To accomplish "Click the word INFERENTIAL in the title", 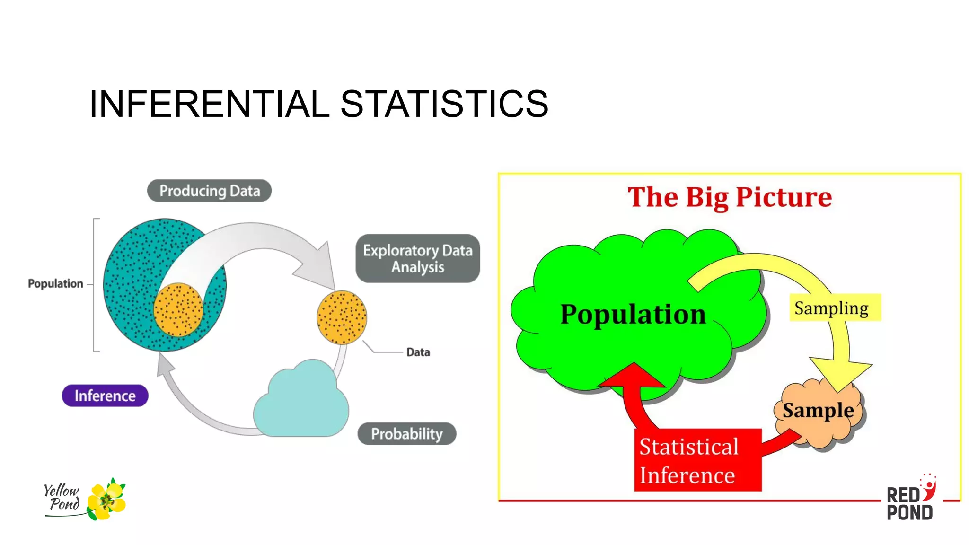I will pyautogui.click(x=209, y=104).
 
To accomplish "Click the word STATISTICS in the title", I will pyautogui.click(x=444, y=104).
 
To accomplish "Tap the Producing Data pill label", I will pyautogui.click(x=209, y=191).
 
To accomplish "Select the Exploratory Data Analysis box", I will pyautogui.click(x=417, y=258).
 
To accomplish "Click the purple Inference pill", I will pyautogui.click(x=105, y=396).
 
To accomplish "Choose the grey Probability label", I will pyautogui.click(x=406, y=433).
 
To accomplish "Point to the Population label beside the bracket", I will pyautogui.click(x=55, y=284).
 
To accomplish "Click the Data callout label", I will pyautogui.click(x=418, y=352).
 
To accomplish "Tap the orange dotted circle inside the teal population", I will pyautogui.click(x=178, y=310).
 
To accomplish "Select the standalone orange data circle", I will pyautogui.click(x=342, y=317).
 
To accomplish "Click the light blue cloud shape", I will pyautogui.click(x=301, y=402).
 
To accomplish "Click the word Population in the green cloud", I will pyautogui.click(x=633, y=315).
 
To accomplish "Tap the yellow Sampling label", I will pyautogui.click(x=831, y=308).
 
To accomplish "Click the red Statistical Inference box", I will pyautogui.click(x=697, y=460).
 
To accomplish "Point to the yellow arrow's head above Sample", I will pyautogui.click(x=840, y=374).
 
